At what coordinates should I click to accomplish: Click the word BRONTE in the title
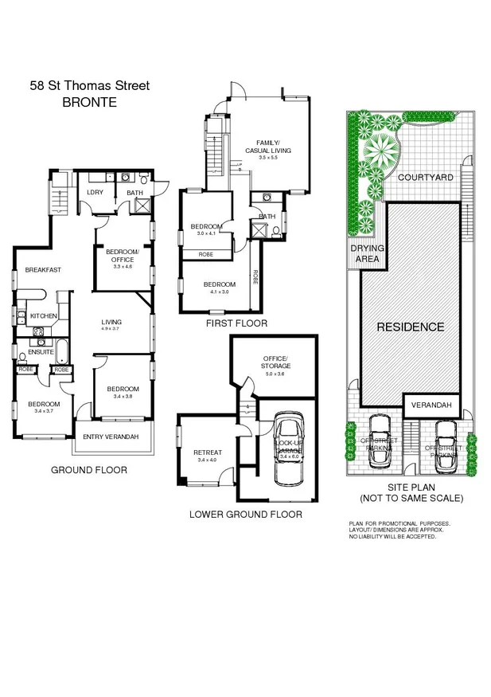[89, 102]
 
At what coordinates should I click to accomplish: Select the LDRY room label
[95, 191]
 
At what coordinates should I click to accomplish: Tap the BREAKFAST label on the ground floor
[43, 270]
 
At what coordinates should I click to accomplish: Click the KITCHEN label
[44, 316]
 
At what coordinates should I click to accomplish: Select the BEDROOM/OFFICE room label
[122, 256]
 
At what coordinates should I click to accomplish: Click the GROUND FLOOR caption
[89, 470]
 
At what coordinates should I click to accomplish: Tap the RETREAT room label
[208, 452]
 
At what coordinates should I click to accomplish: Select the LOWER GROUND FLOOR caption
[245, 515]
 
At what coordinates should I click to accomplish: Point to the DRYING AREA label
[368, 253]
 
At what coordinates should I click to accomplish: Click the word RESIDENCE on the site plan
[410, 327]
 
